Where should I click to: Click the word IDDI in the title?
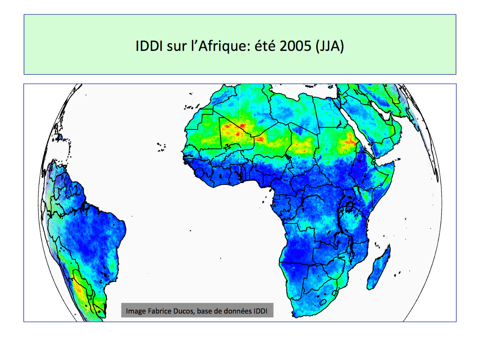(x=149, y=46)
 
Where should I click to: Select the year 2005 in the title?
(x=295, y=46)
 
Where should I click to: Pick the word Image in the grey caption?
(x=136, y=311)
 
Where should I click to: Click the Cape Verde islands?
(x=161, y=147)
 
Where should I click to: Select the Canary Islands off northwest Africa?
(x=191, y=107)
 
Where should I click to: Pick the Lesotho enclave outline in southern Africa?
(x=323, y=303)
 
